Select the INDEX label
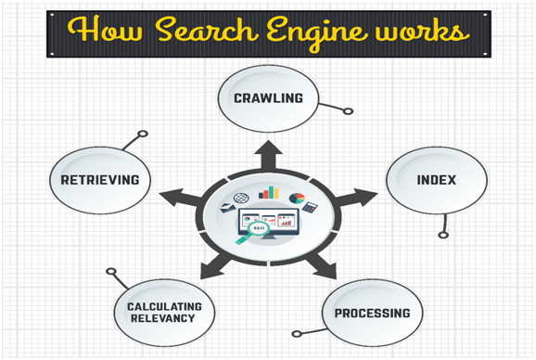pyautogui.click(x=435, y=179)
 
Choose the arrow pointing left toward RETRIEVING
pyautogui.click(x=172, y=196)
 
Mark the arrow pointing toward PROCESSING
pyautogui.click(x=323, y=268)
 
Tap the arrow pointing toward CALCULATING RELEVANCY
pyautogui.click(x=215, y=267)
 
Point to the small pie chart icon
pyautogui.click(x=297, y=197)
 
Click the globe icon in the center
pyautogui.click(x=243, y=199)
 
